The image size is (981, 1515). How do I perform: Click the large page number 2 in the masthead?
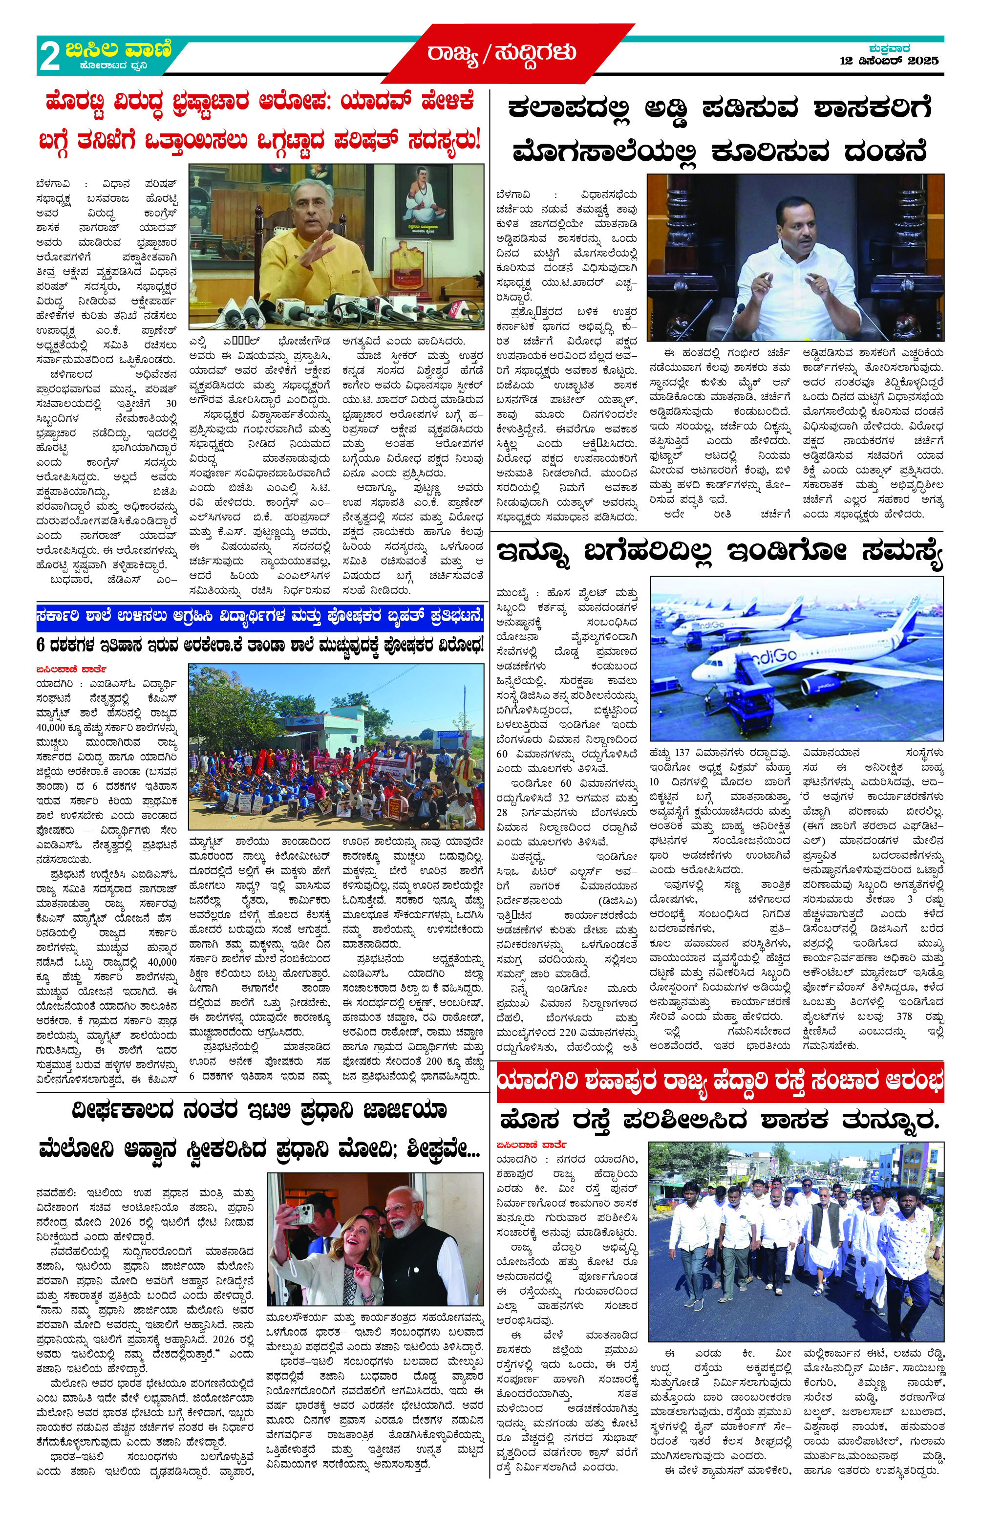click(x=50, y=57)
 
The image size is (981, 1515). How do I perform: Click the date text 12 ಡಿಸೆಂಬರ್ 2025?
click(x=889, y=61)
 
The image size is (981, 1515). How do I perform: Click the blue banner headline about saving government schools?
click(x=259, y=616)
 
